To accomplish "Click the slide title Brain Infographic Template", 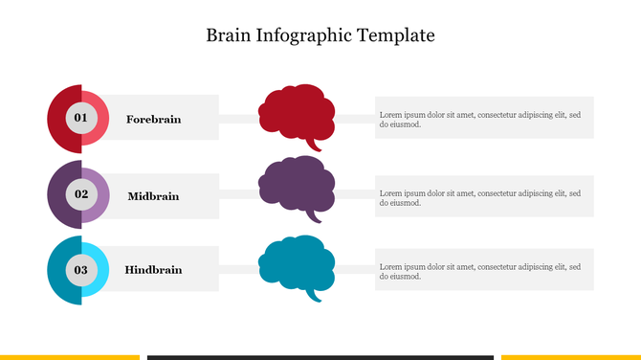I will click(x=320, y=36).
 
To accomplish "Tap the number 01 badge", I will click(x=80, y=118).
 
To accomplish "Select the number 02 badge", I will click(x=80, y=193).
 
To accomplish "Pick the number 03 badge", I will click(x=80, y=270).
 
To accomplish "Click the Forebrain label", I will click(x=153, y=120).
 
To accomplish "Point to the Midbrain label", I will click(x=153, y=196).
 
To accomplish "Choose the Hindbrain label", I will click(x=153, y=270).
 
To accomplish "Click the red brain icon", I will click(x=297, y=112).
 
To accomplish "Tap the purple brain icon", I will click(x=297, y=184).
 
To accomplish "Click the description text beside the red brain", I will click(x=479, y=119).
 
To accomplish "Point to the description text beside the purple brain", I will click(x=479, y=197).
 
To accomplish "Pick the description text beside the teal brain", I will click(x=479, y=271).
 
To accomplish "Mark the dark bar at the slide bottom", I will click(x=320, y=357).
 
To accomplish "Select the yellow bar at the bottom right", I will click(x=570, y=357).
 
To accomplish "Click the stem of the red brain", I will click(x=315, y=146).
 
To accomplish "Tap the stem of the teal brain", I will click(x=315, y=296).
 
